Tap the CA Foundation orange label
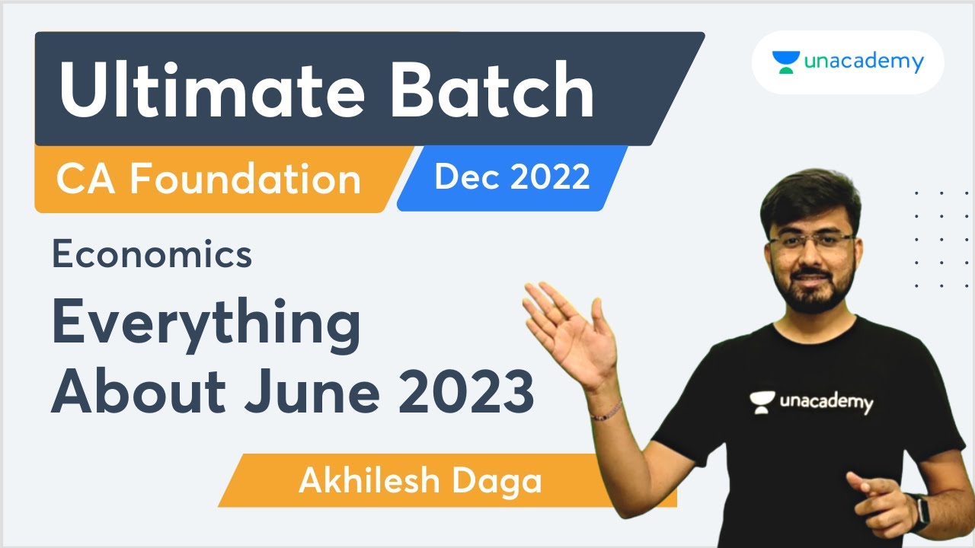click(208, 180)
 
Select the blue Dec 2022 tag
click(512, 178)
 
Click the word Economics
click(152, 255)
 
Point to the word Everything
click(206, 323)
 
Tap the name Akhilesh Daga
click(420, 481)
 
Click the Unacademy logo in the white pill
click(847, 62)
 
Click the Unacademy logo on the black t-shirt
click(810, 401)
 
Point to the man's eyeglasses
click(811, 243)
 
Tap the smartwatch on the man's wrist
click(918, 512)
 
